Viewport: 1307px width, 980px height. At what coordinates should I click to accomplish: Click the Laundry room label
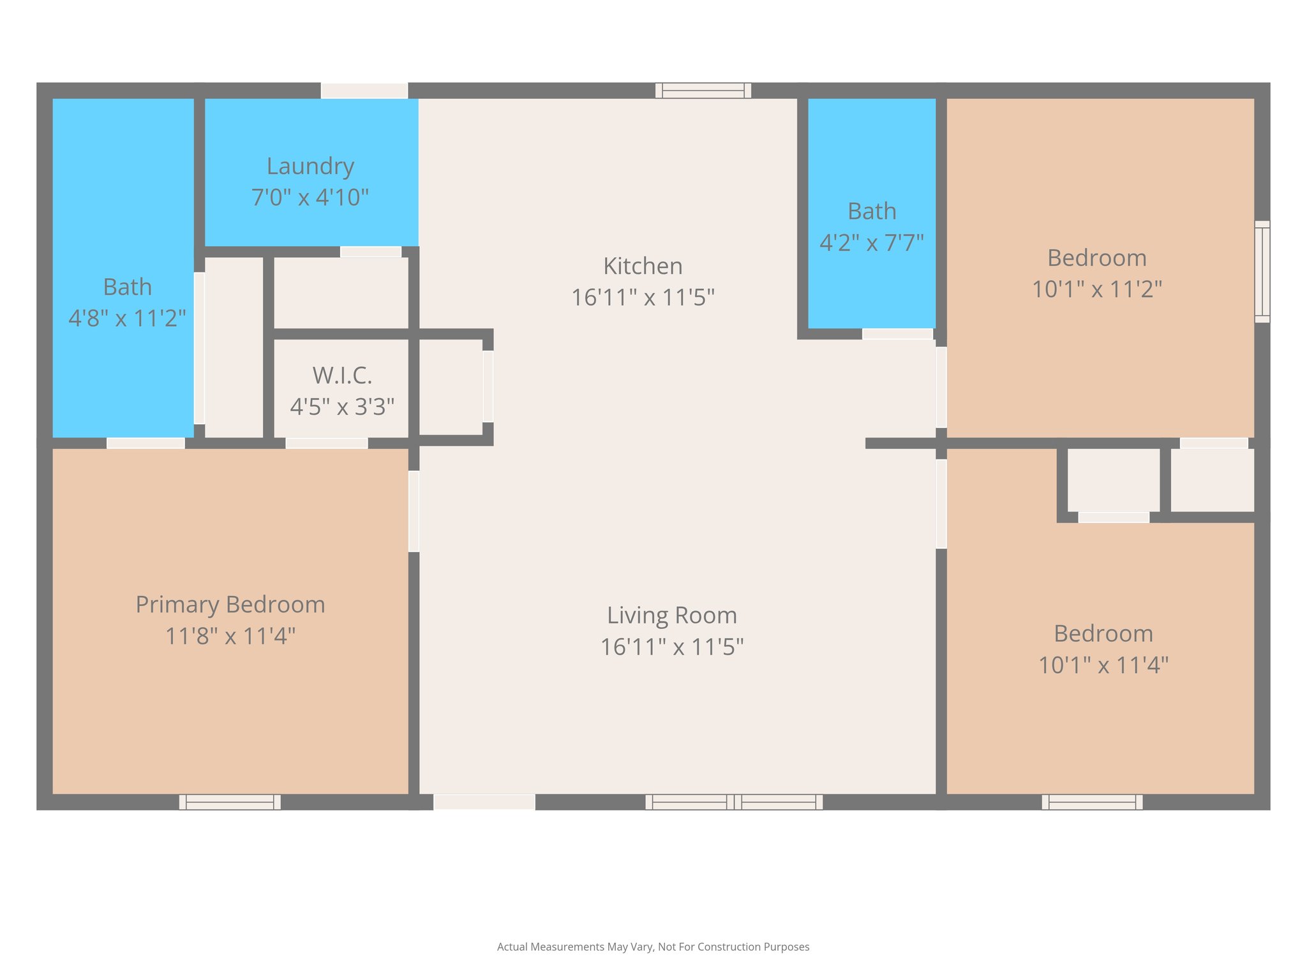click(x=310, y=166)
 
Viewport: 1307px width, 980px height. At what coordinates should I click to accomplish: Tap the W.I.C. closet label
click(x=342, y=375)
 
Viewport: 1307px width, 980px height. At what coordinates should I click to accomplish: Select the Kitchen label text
click(x=643, y=266)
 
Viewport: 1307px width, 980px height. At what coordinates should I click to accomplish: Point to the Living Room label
click(x=672, y=615)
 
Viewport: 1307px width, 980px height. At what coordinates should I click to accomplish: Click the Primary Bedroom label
click(x=230, y=605)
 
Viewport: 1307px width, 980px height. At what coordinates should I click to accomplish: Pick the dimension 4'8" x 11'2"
click(x=127, y=318)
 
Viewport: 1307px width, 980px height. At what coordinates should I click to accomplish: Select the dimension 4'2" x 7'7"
click(x=872, y=242)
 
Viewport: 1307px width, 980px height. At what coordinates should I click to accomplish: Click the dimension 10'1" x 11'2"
click(x=1097, y=289)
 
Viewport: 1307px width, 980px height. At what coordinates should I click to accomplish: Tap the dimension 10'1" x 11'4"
click(x=1103, y=665)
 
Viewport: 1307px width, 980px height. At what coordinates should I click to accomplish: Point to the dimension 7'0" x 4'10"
click(x=310, y=197)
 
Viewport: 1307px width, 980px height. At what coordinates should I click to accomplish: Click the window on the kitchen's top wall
click(x=703, y=91)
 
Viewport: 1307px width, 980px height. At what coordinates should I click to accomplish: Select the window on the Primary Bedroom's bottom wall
click(x=230, y=802)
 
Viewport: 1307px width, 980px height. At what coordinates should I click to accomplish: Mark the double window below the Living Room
click(x=734, y=802)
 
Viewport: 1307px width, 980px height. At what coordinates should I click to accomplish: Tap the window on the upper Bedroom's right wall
click(x=1262, y=272)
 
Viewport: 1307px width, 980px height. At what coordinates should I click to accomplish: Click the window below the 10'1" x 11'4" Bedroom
click(x=1093, y=802)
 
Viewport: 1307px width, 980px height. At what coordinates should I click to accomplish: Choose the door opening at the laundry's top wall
click(x=364, y=91)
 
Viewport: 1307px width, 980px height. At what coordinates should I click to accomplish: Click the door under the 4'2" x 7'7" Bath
click(x=898, y=334)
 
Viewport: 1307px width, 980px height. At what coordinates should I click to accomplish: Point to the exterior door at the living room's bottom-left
click(x=484, y=802)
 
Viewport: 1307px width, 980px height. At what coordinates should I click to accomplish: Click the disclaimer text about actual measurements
click(x=653, y=947)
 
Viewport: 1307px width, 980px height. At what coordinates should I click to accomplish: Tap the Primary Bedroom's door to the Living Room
click(x=414, y=511)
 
